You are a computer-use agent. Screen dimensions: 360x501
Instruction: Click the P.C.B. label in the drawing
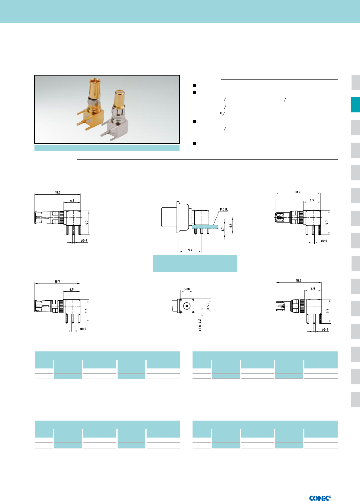point(223,209)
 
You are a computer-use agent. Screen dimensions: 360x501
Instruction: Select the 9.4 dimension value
point(190,250)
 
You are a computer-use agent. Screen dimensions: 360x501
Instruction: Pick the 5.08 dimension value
point(186,289)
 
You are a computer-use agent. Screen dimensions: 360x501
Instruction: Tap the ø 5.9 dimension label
point(208,306)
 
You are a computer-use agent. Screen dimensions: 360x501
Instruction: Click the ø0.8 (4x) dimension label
point(200,325)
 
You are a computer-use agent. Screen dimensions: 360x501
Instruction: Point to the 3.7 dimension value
point(223,229)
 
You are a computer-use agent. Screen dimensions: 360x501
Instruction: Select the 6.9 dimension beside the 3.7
point(231,225)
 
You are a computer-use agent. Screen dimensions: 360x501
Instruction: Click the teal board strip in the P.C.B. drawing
point(205,227)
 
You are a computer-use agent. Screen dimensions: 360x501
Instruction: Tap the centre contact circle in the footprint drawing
point(187,306)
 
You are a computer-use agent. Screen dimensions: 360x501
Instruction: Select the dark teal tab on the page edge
point(355,105)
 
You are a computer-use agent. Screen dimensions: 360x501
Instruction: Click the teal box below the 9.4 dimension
point(195,263)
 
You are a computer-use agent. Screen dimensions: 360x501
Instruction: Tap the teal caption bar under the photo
point(107,148)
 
